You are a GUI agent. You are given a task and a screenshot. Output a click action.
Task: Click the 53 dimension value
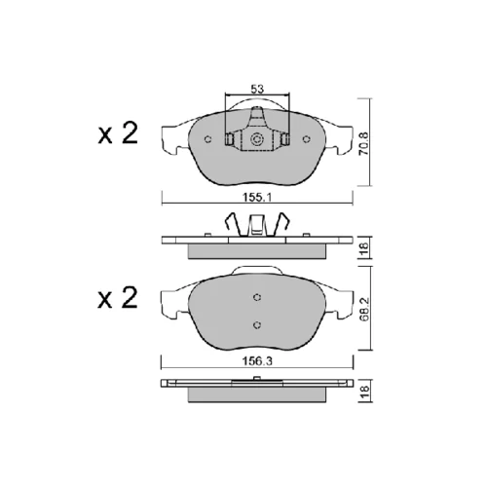(x=257, y=89)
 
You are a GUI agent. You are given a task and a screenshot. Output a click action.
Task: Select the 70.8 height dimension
(x=364, y=143)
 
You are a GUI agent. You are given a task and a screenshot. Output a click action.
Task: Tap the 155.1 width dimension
(x=257, y=197)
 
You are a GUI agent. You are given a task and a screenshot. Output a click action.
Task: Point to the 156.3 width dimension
(x=257, y=361)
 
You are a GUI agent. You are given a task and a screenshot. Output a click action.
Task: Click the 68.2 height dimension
(x=364, y=310)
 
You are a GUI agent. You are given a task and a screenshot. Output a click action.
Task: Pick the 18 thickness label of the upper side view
(x=364, y=247)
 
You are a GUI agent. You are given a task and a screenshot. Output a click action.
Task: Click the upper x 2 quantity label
(x=118, y=133)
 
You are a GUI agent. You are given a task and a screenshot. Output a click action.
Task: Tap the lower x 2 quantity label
(x=118, y=298)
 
